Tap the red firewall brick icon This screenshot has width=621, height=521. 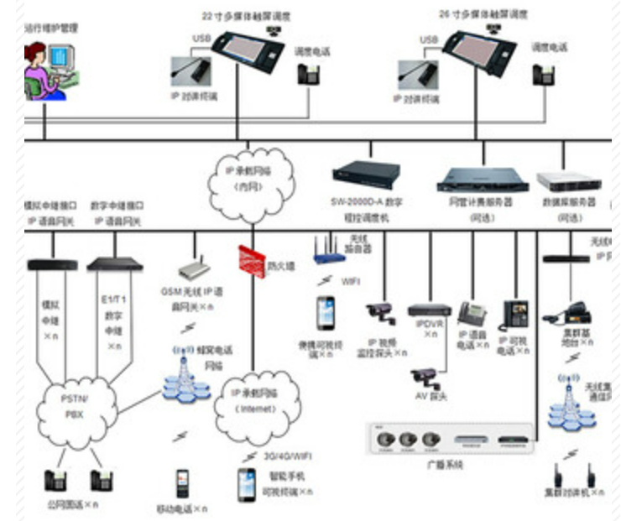251,259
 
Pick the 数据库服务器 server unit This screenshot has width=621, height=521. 569,180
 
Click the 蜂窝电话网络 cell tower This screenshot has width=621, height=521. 184,373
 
